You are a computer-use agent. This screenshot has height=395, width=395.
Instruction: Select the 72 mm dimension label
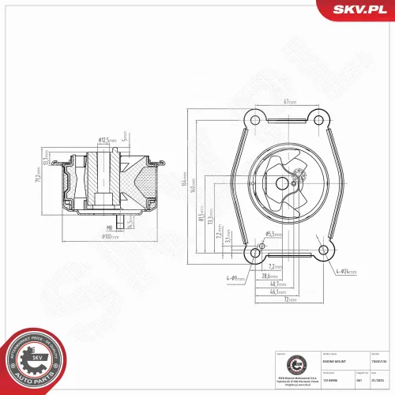click(289, 301)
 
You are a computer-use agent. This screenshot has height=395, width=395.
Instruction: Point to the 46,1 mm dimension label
click(278, 293)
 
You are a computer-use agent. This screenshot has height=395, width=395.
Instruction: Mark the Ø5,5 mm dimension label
click(251, 234)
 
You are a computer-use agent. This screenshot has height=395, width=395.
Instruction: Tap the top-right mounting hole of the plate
click(318, 120)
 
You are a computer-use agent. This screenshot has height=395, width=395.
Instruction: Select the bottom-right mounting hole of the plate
click(322, 253)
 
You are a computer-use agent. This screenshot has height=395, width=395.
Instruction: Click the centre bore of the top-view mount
click(282, 183)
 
